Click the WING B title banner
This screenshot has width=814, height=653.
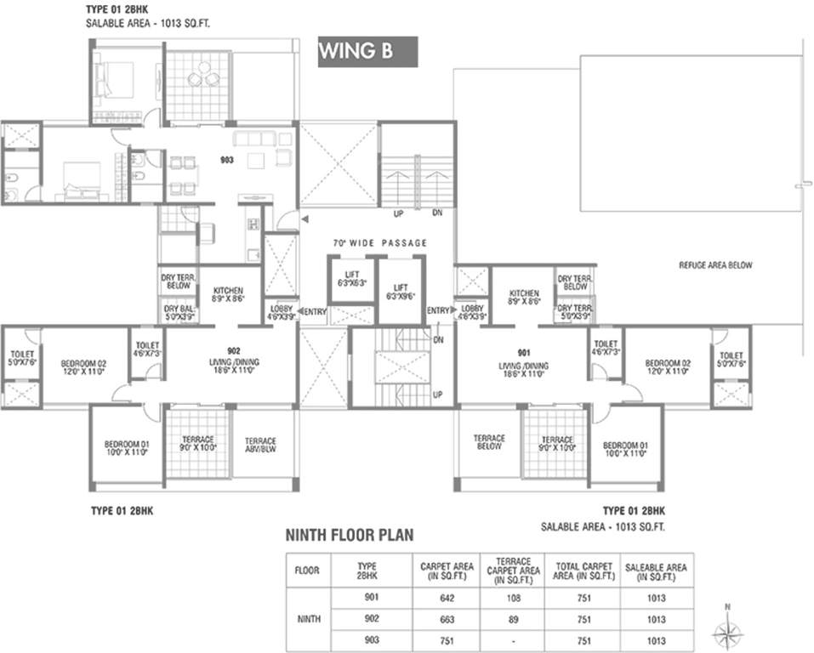coord(367,51)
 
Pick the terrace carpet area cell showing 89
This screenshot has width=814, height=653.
coord(510,620)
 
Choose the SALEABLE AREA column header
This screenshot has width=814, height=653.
coord(656,571)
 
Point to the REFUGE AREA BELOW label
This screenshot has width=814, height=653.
coord(714,265)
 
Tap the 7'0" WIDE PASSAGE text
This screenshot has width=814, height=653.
coord(379,243)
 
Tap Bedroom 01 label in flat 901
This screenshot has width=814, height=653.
coord(623,448)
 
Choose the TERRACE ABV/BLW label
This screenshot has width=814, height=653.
coord(261,445)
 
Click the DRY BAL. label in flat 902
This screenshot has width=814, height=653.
coord(179,311)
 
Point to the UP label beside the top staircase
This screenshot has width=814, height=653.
coord(397,213)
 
